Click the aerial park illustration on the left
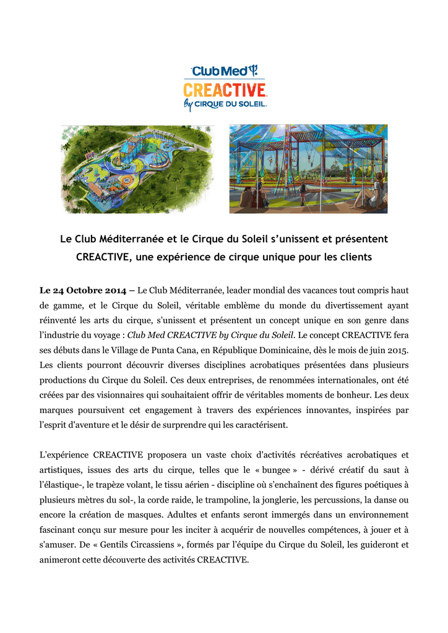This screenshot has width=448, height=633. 137,169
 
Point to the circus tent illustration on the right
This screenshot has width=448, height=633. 308,169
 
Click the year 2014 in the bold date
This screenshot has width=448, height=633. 118,290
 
